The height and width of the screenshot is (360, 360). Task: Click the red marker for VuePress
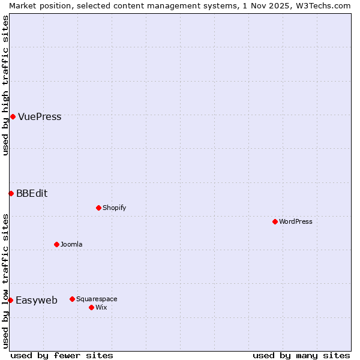click(13, 116)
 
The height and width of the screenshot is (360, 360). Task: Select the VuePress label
click(40, 117)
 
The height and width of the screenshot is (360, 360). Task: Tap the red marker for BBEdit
click(11, 193)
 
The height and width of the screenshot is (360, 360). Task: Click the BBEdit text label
click(32, 194)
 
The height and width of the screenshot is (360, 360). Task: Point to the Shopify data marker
click(98, 208)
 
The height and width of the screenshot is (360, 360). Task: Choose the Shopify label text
click(114, 208)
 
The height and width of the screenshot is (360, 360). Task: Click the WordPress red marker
click(275, 221)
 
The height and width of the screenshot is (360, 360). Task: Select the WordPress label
click(295, 222)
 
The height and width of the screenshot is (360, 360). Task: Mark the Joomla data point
click(56, 244)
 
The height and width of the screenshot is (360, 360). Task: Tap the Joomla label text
click(71, 245)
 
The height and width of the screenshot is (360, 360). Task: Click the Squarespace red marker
click(72, 299)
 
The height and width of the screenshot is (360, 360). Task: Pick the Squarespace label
click(97, 299)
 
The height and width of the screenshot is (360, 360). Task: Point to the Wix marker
click(91, 307)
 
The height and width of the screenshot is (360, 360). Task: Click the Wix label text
click(101, 308)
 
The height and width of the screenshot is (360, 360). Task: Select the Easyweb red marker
click(10, 300)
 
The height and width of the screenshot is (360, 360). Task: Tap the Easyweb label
click(37, 301)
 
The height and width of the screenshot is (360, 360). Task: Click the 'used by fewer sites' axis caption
click(62, 356)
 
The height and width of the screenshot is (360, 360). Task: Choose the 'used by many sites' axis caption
click(301, 356)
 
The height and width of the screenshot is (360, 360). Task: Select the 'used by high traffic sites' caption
click(5, 85)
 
